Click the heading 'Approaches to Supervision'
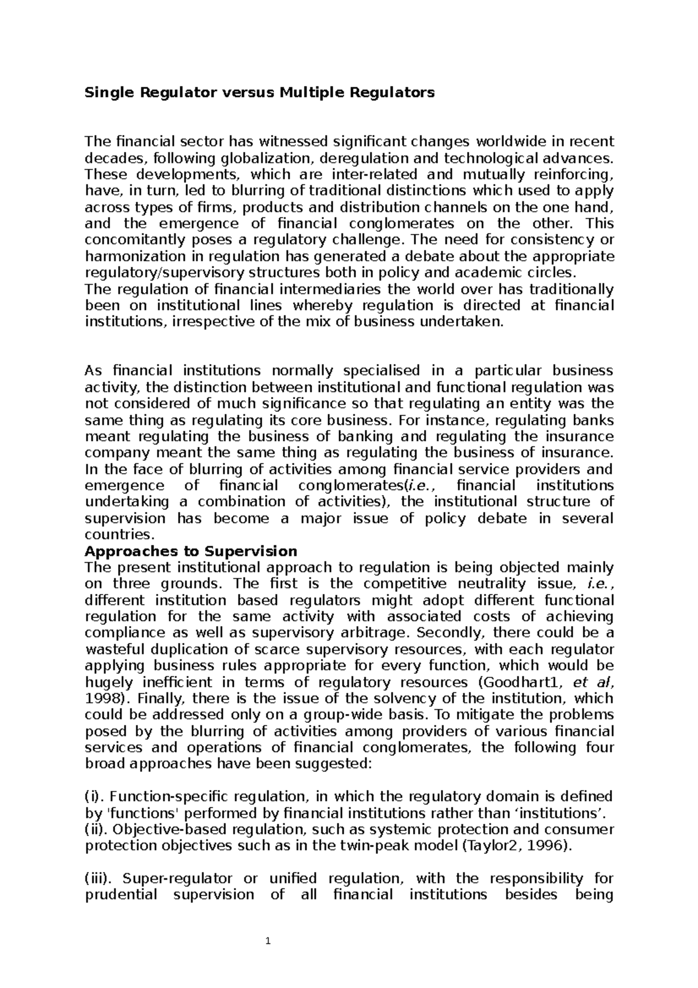click(191, 551)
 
